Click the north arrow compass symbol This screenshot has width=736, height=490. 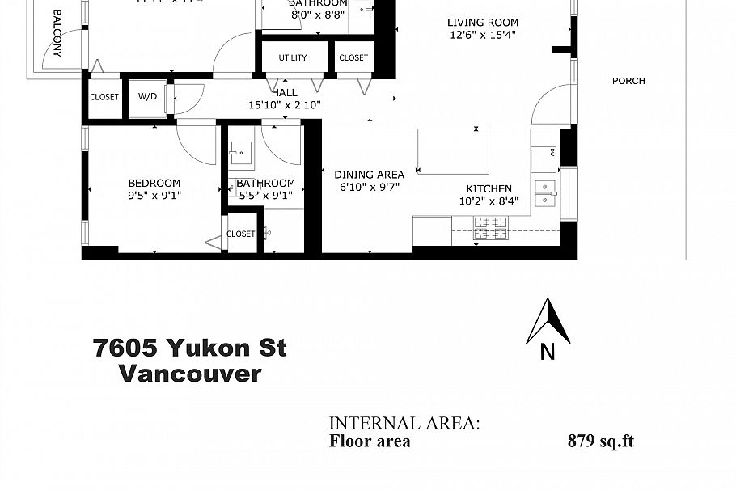548,322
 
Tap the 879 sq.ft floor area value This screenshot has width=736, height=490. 600,441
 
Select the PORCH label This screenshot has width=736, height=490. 628,81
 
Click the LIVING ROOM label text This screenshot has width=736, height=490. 483,23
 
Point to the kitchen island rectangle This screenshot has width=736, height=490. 454,151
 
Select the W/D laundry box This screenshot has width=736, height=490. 148,97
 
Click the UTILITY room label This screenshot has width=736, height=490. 293,57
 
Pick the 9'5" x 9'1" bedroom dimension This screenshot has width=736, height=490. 154,195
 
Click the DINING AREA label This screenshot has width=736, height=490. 369,174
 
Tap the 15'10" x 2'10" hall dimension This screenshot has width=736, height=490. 285,104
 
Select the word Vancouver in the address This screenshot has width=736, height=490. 190,374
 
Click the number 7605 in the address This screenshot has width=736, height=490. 125,348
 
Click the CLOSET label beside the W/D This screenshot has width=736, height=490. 104,97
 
